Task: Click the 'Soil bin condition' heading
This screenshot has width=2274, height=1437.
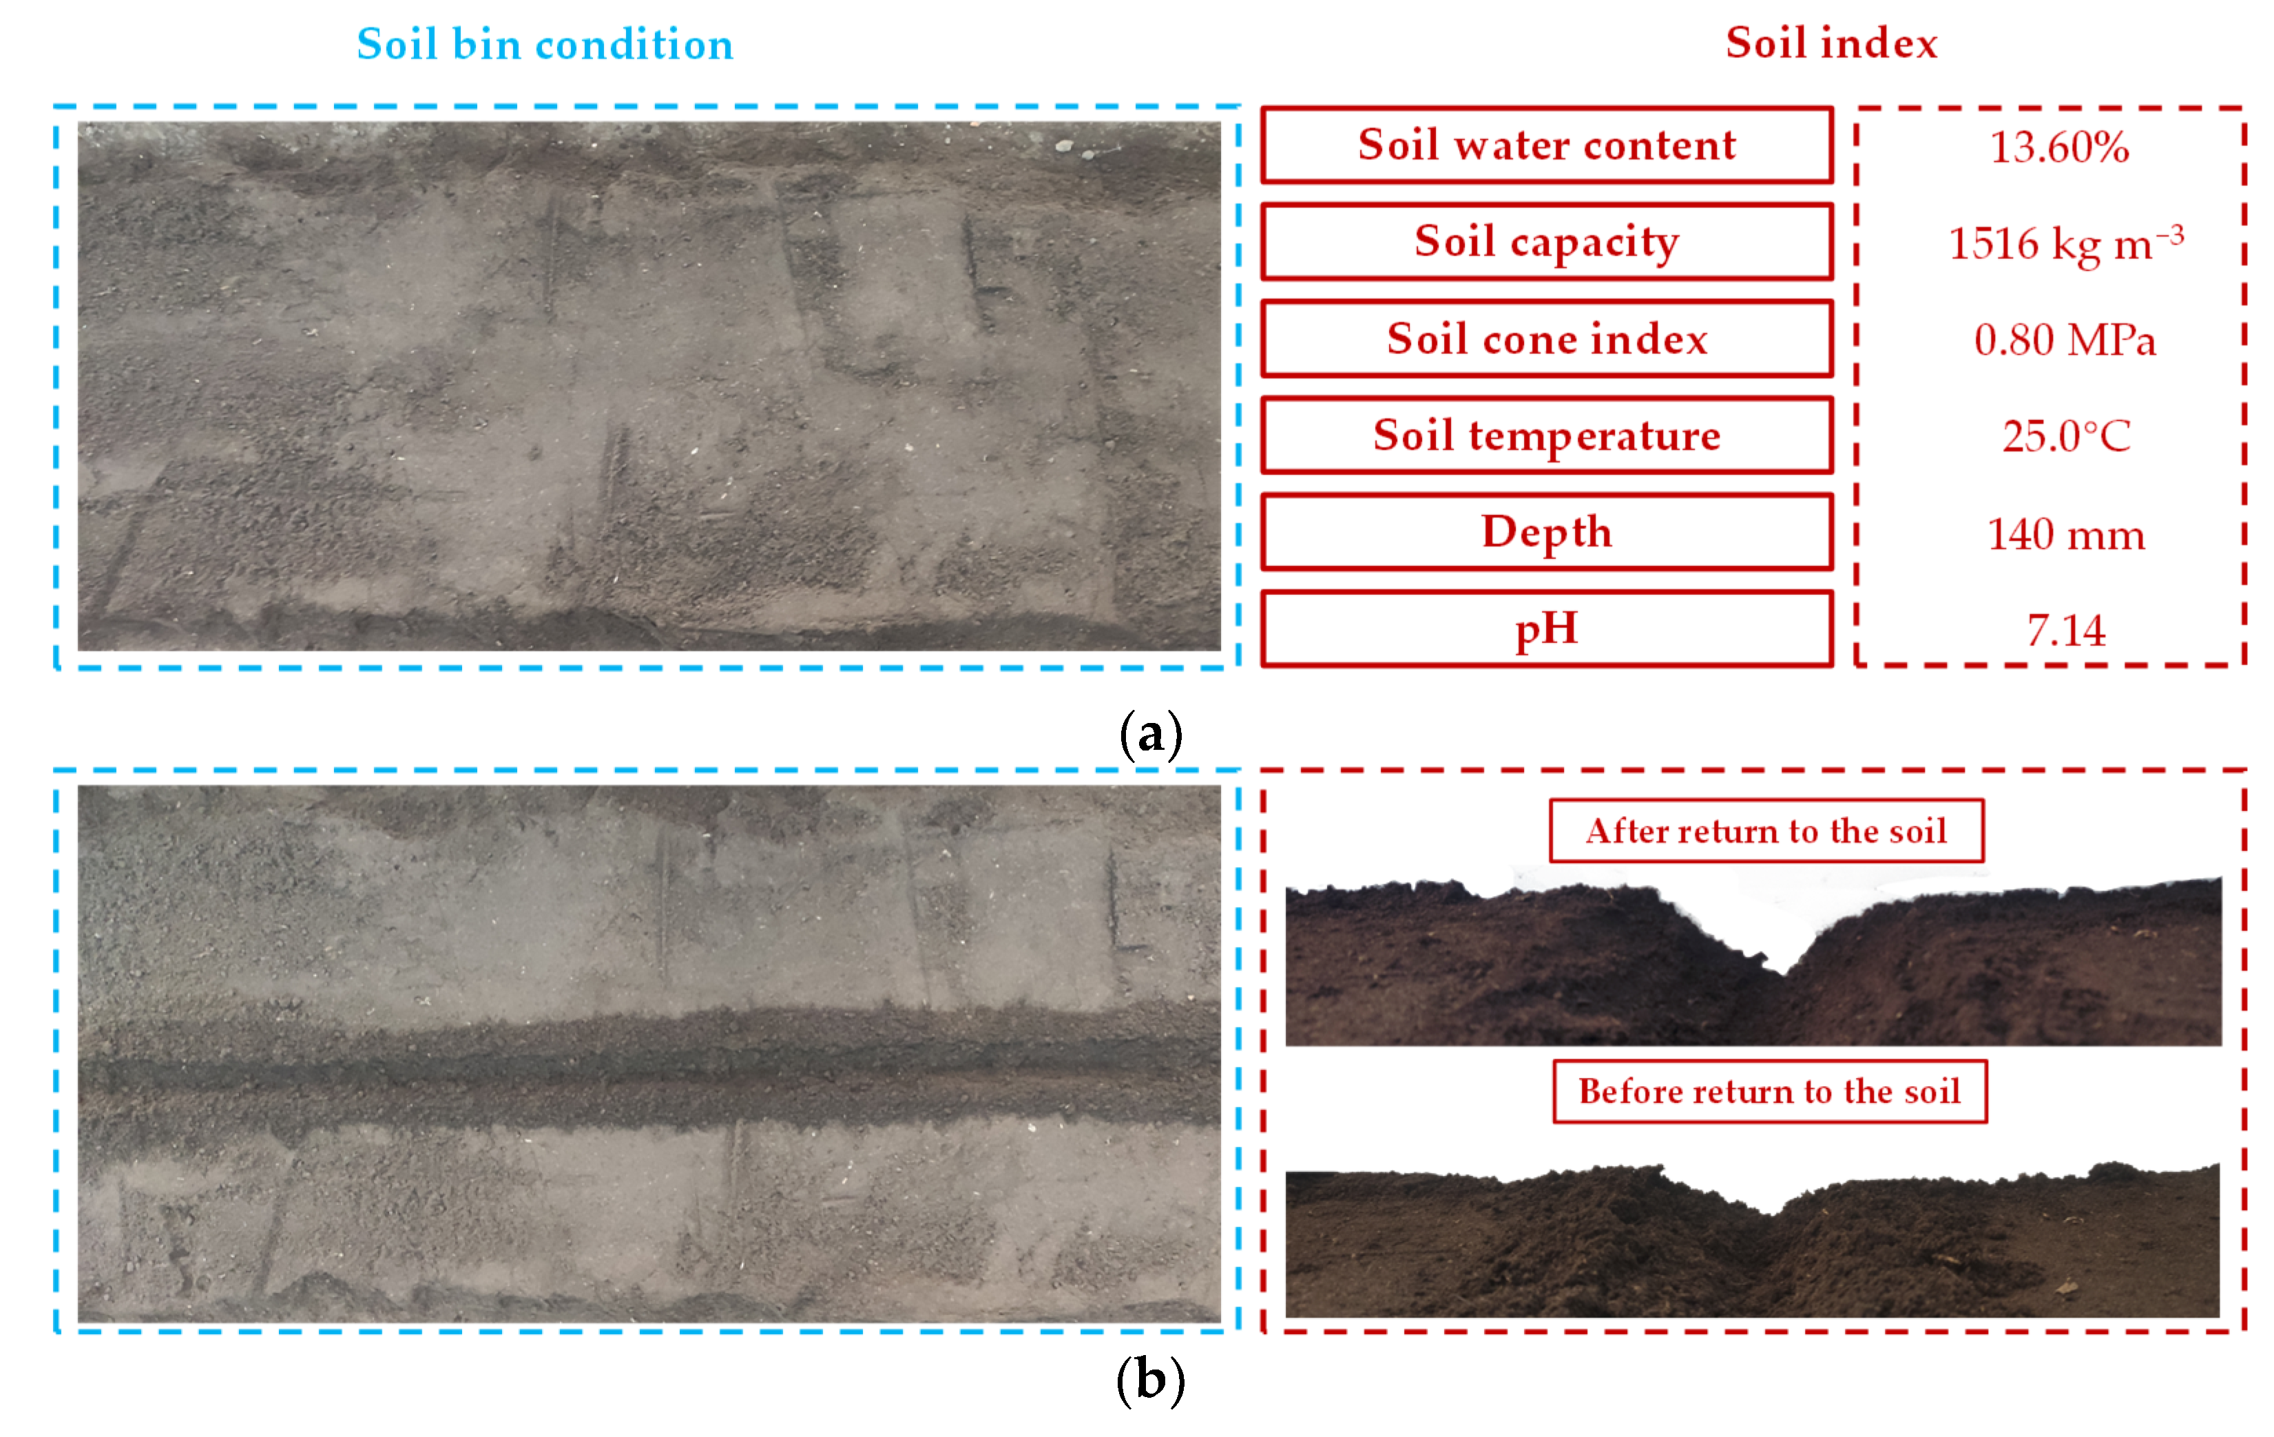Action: tap(545, 44)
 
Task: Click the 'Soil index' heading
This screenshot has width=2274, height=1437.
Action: tap(1831, 43)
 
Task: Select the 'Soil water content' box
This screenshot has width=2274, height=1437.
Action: tap(1547, 145)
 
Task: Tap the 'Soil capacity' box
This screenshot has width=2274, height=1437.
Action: tap(1547, 242)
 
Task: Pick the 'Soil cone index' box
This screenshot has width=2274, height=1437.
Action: tap(1547, 339)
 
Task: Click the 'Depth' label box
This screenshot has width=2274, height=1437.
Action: tap(1547, 532)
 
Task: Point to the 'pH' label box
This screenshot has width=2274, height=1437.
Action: tap(1547, 629)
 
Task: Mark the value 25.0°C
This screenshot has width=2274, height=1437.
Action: tap(2066, 437)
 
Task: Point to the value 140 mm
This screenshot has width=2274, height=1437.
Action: tap(2066, 534)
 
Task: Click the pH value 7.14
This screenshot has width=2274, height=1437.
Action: tap(2066, 631)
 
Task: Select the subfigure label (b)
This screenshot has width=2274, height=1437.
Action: tap(1150, 1381)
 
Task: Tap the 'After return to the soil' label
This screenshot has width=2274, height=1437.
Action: tap(1766, 831)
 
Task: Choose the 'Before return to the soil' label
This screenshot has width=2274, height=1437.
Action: tap(1770, 1091)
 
